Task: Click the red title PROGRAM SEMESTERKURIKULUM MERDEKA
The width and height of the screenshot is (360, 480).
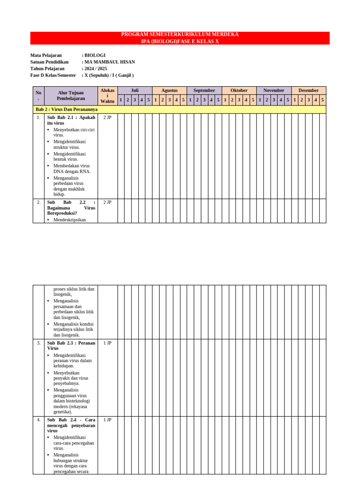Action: [x=180, y=35]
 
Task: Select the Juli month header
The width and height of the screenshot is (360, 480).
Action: [x=135, y=90]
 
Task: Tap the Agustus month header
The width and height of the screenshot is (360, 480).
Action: [x=169, y=90]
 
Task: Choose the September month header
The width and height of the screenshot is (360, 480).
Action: [x=204, y=90]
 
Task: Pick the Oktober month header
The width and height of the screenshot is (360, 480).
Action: [x=239, y=90]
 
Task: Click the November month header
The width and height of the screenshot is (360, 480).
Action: [x=273, y=90]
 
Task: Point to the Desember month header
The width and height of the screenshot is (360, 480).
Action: [x=308, y=90]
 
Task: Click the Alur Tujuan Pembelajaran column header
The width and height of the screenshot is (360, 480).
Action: [x=71, y=96]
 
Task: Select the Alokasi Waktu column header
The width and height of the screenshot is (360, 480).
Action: [x=107, y=96]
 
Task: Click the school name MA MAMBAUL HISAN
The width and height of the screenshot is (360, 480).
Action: [x=109, y=62]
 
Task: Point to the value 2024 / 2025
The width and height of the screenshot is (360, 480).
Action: [x=96, y=68]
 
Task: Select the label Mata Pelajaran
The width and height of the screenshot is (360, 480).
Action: [x=46, y=55]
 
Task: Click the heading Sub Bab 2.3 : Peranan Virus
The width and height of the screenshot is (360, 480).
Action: [x=71, y=345]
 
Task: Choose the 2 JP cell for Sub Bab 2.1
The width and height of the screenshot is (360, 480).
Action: [x=107, y=118]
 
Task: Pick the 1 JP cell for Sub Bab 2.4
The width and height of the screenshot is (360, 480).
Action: [x=107, y=420]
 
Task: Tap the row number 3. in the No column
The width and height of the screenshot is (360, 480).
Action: [x=38, y=343]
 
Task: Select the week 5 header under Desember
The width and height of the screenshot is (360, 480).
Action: [x=322, y=100]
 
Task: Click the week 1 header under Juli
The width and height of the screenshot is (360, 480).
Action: [x=120, y=100]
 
